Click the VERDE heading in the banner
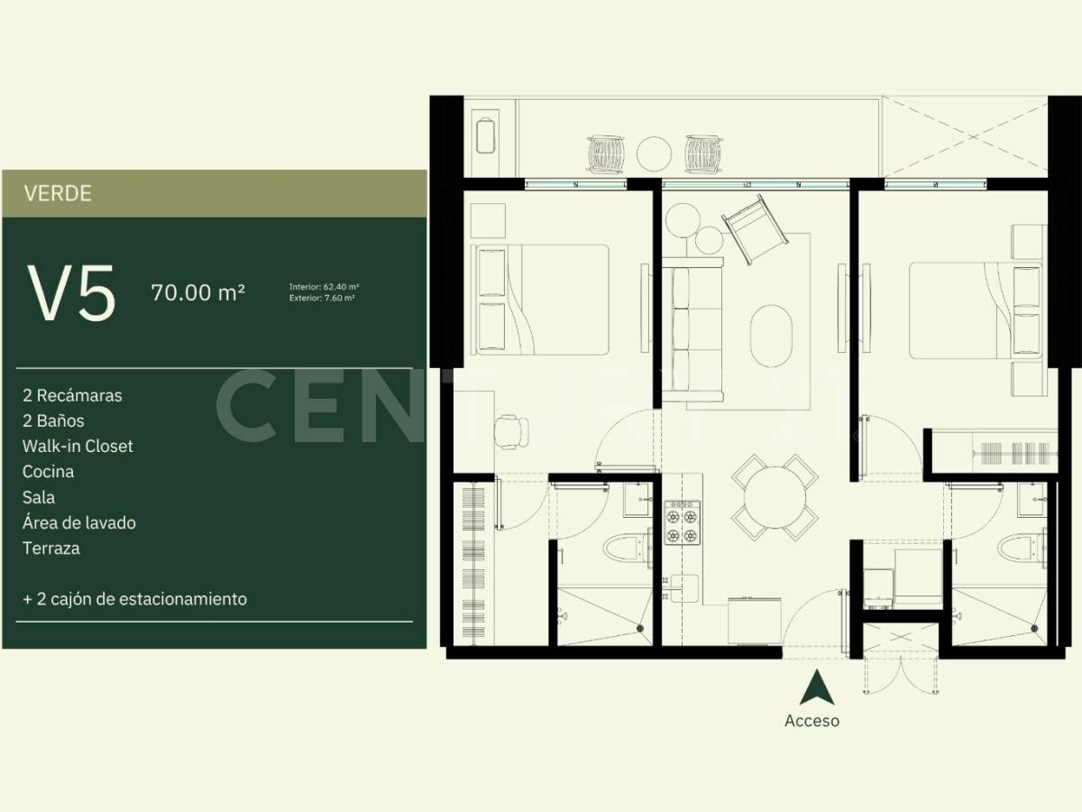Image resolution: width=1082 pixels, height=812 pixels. pyautogui.click(x=58, y=193)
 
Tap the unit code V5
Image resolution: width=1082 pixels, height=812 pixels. pyautogui.click(x=72, y=294)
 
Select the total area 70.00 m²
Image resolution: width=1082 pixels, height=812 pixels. pyautogui.click(x=198, y=293)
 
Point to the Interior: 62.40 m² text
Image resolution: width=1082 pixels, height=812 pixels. pyautogui.click(x=324, y=287)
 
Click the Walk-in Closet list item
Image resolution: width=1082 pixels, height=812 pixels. pyautogui.click(x=79, y=446)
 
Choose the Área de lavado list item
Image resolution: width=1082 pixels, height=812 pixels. pyautogui.click(x=80, y=522)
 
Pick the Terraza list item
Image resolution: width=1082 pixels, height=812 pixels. pyautogui.click(x=52, y=548)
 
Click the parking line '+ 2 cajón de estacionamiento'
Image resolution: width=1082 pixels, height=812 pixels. pyautogui.click(x=135, y=598)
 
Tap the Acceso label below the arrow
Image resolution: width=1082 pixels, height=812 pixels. pyautogui.click(x=811, y=721)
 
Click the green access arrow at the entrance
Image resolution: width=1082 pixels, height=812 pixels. pyautogui.click(x=815, y=688)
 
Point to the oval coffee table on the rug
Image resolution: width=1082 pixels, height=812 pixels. pyautogui.click(x=772, y=331)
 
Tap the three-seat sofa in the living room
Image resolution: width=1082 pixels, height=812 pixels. pyautogui.click(x=692, y=329)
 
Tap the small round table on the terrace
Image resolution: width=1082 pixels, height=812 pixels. pyautogui.click(x=653, y=152)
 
